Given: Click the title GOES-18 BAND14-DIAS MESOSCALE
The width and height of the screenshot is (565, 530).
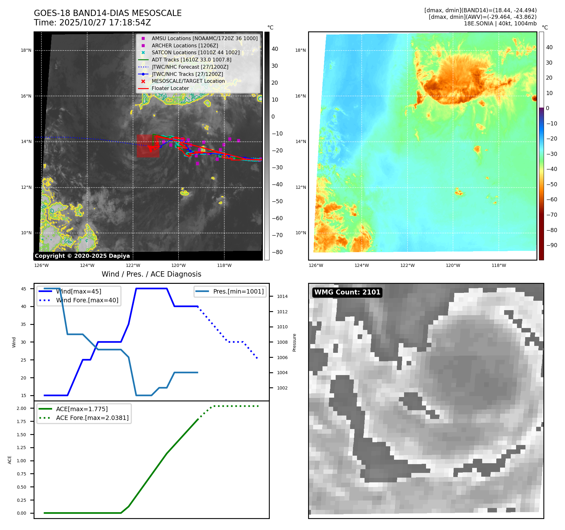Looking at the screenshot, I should pos(108,13).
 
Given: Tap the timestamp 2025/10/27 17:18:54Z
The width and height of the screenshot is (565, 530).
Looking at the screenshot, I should pos(105,23).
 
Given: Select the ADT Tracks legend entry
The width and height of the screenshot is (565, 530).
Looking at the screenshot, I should pos(191,60).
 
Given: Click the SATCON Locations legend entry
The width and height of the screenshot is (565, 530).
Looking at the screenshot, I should pos(195,52).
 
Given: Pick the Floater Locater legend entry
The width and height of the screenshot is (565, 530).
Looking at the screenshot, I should pos(170,88).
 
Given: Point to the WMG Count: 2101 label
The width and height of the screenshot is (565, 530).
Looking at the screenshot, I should pos(347,292).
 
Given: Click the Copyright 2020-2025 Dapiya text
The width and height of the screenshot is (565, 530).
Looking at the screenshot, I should pos(82,256).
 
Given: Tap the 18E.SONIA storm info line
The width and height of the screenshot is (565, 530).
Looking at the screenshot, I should pos(500,24).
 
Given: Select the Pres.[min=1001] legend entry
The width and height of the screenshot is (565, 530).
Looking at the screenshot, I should pos(238,291).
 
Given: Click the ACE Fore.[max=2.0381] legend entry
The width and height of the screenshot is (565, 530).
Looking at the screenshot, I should pos(92,418).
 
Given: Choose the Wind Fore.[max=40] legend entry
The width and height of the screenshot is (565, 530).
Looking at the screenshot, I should pos(87,300).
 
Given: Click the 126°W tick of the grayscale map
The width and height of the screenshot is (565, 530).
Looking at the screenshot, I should pos(41,265).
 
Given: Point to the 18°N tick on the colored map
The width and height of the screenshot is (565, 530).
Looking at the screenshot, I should pos(301,50).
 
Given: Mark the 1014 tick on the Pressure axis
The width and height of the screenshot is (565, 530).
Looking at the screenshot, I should pos(282,296).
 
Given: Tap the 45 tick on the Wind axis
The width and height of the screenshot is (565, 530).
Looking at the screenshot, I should pos(24,289).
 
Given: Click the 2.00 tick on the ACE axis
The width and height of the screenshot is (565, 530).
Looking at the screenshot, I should pos(22,408).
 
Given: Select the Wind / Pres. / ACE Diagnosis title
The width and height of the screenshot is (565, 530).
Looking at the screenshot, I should pos(151,274).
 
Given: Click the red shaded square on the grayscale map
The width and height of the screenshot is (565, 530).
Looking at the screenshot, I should pos(148,146).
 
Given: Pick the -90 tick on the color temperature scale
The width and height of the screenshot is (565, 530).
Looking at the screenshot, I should pos(552,245).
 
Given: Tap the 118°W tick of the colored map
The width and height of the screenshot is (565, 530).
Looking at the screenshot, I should pos(498,265).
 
